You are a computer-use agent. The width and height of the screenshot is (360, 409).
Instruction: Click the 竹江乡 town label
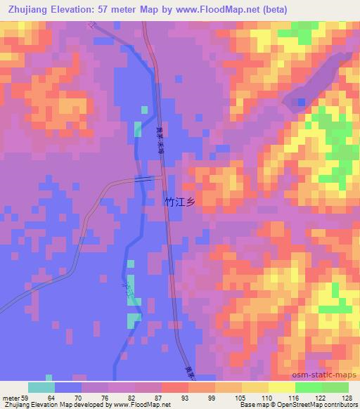(178, 202)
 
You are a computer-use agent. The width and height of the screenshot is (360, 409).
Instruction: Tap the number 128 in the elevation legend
(346, 397)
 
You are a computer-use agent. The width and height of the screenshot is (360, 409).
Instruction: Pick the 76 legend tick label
(109, 397)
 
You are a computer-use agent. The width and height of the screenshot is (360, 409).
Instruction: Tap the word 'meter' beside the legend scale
(11, 397)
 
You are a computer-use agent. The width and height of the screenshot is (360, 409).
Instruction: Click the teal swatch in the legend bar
(41, 387)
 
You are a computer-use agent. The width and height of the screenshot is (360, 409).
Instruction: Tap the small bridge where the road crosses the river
(146, 179)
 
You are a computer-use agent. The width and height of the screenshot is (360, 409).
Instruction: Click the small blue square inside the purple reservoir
(301, 103)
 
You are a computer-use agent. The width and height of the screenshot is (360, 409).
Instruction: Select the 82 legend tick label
(135, 397)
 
